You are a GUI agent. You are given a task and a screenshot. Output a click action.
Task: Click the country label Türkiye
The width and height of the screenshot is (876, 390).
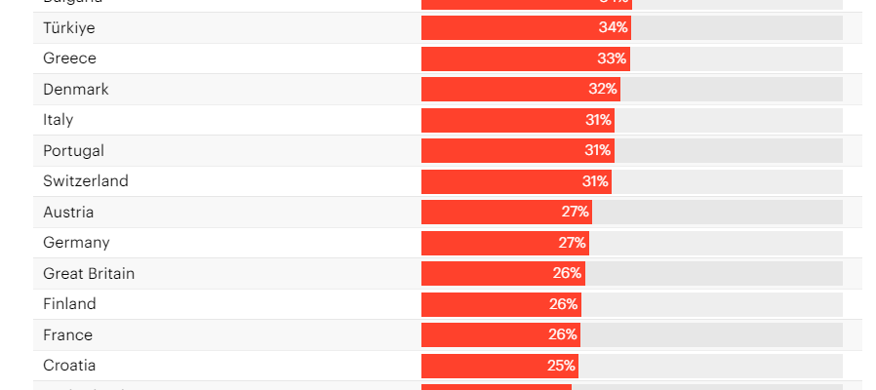[x=69, y=28]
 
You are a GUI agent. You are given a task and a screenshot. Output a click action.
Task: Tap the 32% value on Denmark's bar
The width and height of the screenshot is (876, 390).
[x=603, y=90]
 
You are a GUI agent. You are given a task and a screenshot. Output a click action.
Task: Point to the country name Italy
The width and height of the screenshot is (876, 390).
[x=59, y=120]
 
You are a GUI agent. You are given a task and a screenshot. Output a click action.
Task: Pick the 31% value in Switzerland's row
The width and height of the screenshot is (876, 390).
[x=596, y=181]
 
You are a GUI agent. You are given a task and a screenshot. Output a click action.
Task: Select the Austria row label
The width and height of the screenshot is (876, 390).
[x=68, y=212]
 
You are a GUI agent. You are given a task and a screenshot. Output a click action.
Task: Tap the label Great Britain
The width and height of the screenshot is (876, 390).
[x=89, y=273]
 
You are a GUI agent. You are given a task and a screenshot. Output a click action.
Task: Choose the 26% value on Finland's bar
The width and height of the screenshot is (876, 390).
[x=563, y=304]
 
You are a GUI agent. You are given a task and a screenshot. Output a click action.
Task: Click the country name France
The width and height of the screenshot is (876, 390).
[x=68, y=334]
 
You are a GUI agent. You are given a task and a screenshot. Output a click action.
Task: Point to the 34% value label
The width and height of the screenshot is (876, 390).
[x=613, y=28]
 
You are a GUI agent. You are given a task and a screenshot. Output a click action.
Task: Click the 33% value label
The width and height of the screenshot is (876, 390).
[x=612, y=58]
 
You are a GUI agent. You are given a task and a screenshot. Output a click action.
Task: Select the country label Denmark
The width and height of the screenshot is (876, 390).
[x=76, y=90]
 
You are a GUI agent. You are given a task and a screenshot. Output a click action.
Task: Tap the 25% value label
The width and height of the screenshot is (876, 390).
[x=561, y=366]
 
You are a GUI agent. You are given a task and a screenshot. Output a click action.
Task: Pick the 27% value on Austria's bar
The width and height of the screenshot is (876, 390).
[x=575, y=212]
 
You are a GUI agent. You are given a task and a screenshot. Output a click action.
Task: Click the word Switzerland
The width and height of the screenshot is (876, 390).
[x=86, y=181]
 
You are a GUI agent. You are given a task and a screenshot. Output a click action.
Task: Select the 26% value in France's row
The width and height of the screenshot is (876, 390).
[x=562, y=334]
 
